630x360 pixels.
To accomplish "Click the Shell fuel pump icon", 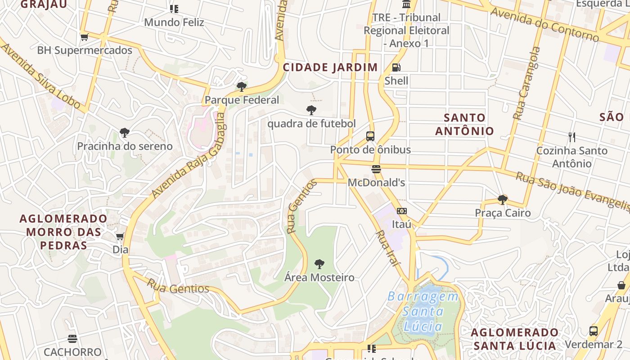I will (396, 67).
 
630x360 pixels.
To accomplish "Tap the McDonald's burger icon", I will (376, 169).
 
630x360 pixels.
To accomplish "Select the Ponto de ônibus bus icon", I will (370, 136).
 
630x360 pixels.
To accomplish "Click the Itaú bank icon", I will (401, 211).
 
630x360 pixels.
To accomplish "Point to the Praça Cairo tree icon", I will (503, 199).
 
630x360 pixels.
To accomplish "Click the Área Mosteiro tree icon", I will (319, 264).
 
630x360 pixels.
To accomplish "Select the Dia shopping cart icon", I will (120, 236).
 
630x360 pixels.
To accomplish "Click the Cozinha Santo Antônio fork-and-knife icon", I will (572, 137).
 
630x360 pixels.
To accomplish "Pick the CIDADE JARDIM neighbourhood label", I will (330, 67).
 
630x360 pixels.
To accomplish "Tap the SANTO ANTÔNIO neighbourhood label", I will (464, 125).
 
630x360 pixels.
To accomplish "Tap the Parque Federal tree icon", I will (242, 86).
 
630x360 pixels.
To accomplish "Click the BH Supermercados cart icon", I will (84, 37).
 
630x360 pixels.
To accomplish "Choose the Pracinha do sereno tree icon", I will (125, 133).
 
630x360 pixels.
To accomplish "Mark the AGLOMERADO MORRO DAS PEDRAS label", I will (63, 232).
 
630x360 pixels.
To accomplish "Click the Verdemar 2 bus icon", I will (594, 331).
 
